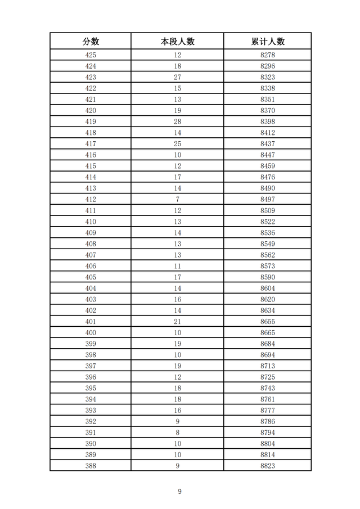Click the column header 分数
[91, 41]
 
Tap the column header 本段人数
[177, 41]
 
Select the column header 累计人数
[268, 41]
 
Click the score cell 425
[91, 55]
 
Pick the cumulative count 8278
[268, 55]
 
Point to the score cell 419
[91, 121]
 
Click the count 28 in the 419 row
[177, 121]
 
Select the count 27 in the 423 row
[177, 77]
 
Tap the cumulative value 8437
[268, 144]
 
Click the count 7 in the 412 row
[177, 199]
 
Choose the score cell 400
[91, 332]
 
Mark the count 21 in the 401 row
[177, 321]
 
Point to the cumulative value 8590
[268, 277]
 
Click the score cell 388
[91, 466]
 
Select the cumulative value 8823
[268, 466]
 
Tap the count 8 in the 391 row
[177, 433]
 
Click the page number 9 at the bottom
[179, 492]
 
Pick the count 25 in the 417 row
[177, 144]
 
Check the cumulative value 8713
[268, 366]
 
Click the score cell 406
[91, 266]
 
